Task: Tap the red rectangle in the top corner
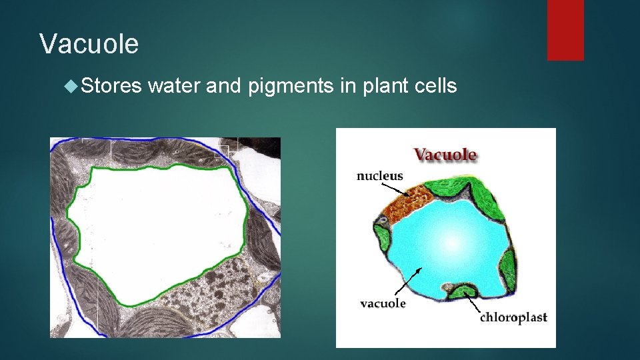565,30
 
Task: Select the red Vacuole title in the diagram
445,155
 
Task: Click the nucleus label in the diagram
380,177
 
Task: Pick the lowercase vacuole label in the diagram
383,303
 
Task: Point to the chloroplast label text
513,317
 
